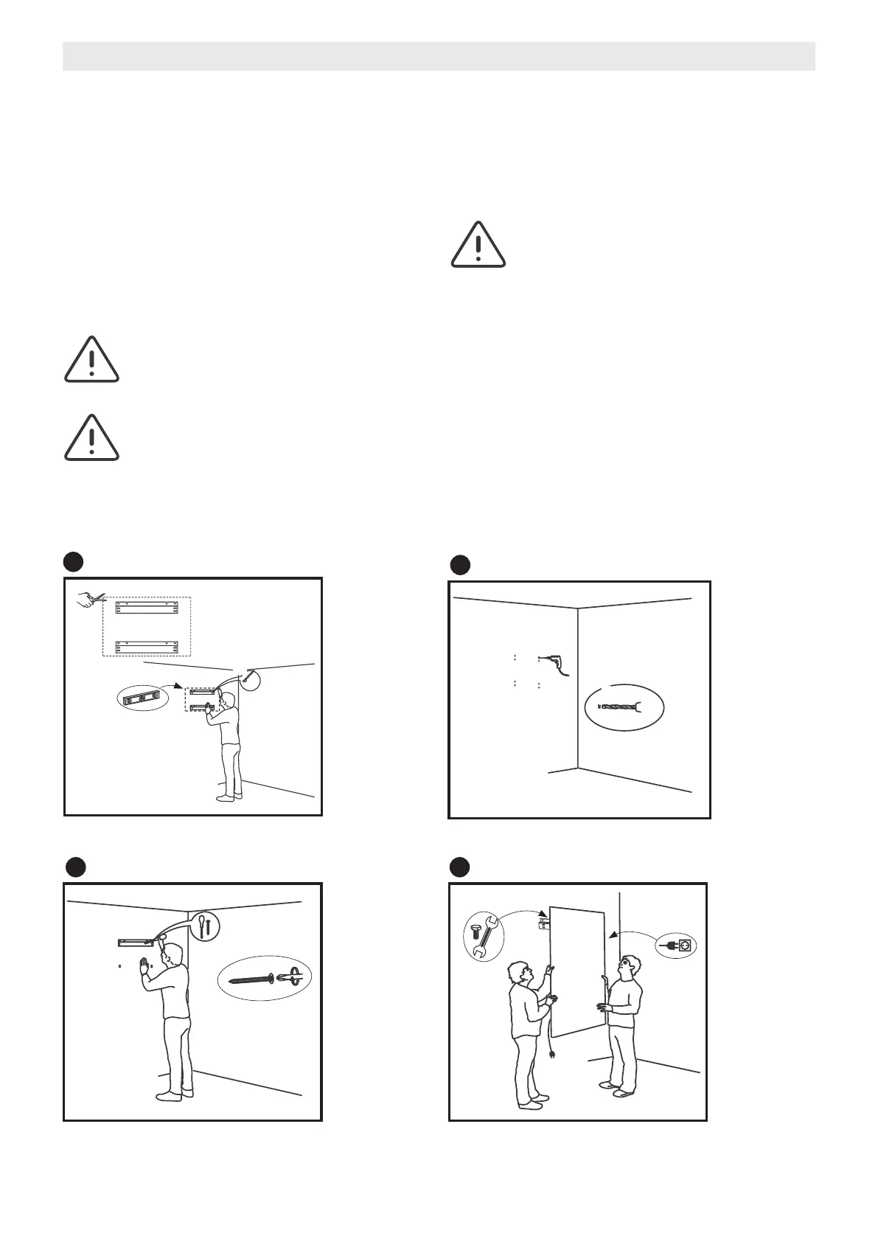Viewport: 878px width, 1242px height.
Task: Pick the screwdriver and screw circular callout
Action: tap(204, 925)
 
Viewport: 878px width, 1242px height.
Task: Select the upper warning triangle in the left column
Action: tap(91, 360)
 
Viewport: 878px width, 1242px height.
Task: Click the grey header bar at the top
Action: tap(439, 56)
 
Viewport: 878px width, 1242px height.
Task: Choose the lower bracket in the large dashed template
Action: tap(147, 648)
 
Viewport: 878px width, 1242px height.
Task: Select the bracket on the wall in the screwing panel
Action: tap(136, 943)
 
